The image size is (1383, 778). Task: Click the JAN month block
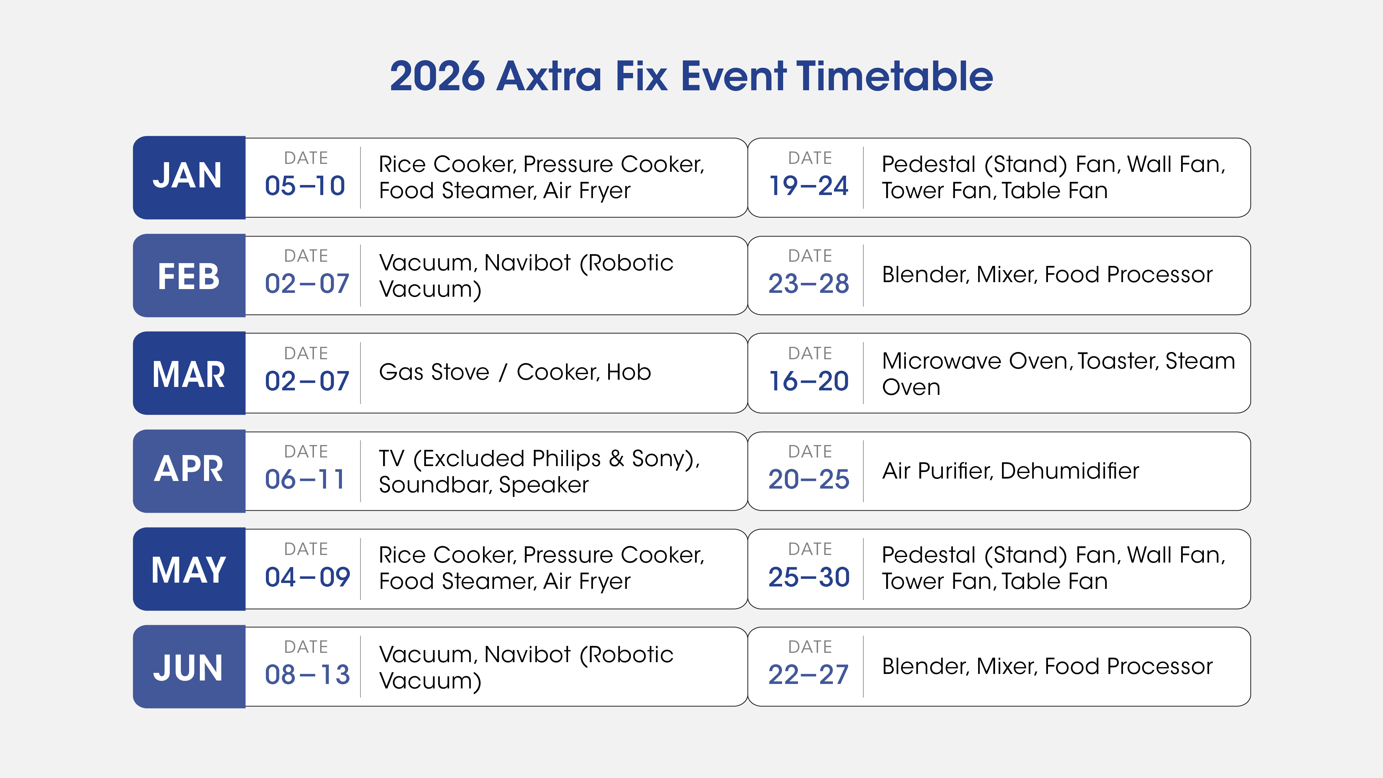click(189, 177)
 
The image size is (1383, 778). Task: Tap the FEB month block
click(189, 276)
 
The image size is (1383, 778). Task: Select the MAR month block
click(189, 373)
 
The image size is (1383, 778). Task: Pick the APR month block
click(189, 471)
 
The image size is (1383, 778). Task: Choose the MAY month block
click(189, 568)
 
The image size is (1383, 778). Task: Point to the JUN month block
click(189, 666)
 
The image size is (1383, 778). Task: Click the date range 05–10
click(305, 186)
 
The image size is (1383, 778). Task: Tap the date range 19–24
click(809, 186)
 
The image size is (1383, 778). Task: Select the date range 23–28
click(809, 284)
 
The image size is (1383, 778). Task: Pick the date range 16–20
click(809, 381)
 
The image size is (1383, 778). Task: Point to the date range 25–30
click(809, 577)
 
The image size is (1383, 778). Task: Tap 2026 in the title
click(437, 76)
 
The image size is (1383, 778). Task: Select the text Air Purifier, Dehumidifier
click(1010, 471)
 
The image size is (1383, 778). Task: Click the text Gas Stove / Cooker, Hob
click(515, 372)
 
